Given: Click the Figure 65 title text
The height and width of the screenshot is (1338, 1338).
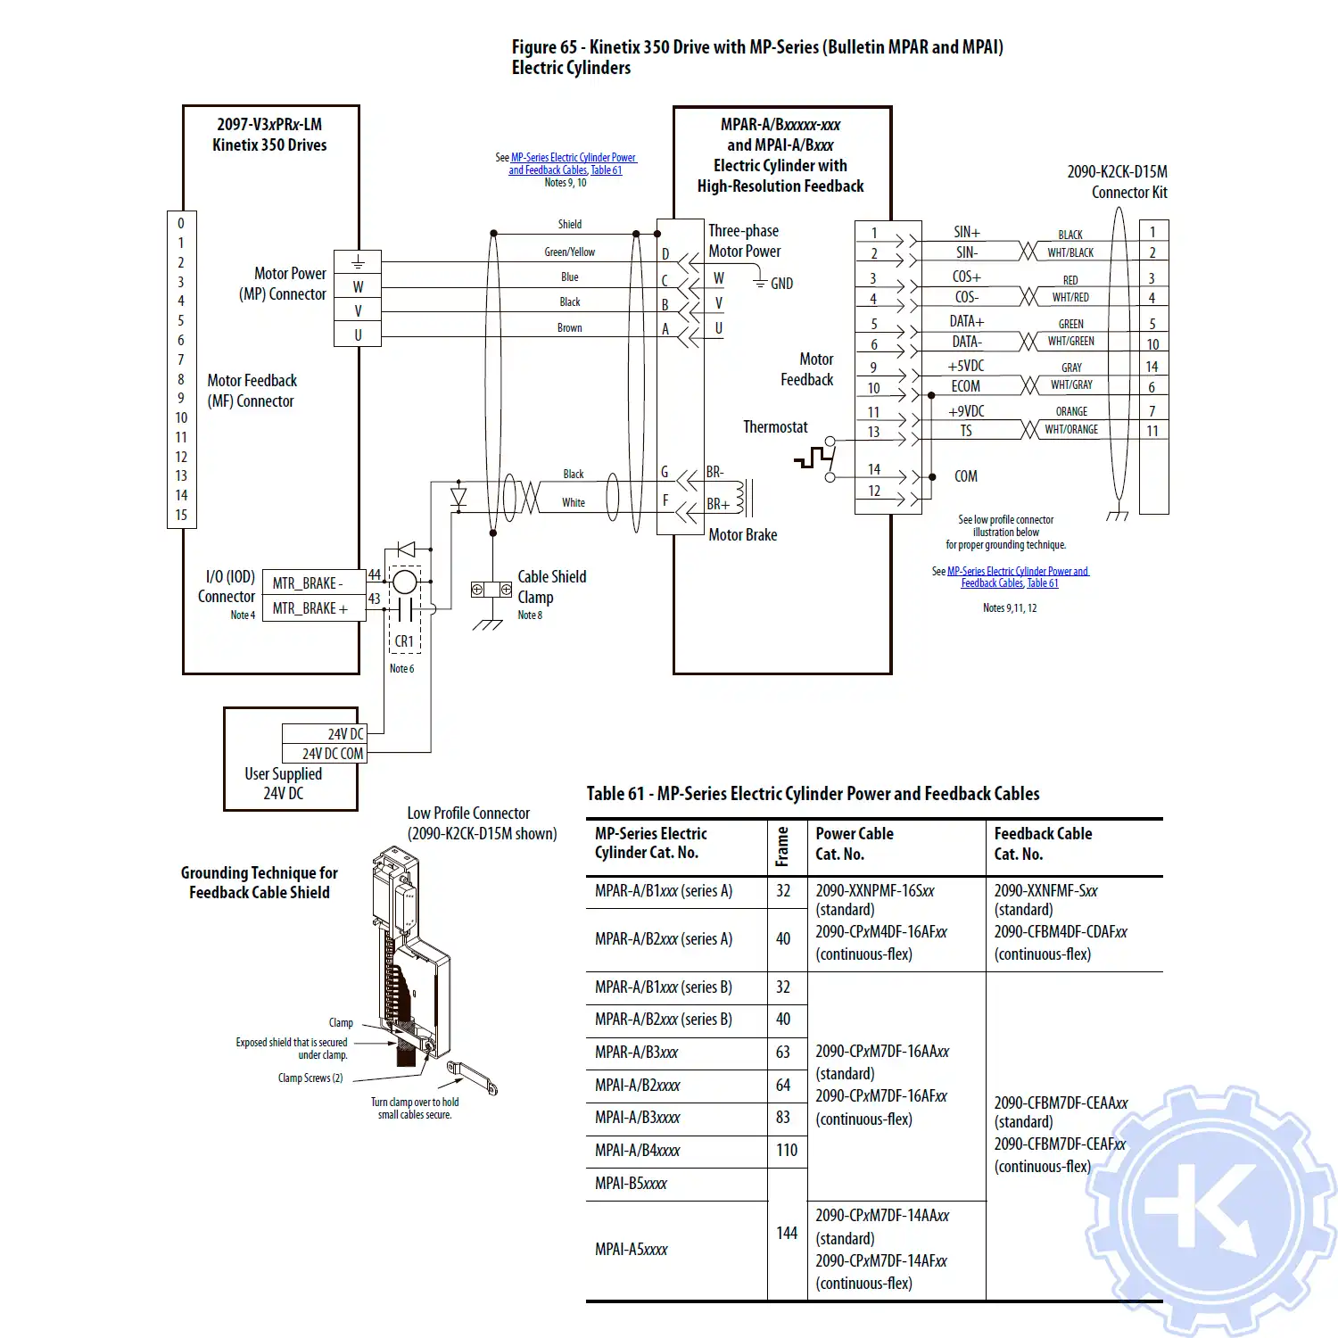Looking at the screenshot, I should (x=756, y=57).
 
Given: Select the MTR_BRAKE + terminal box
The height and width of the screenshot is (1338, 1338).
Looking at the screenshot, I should (x=310, y=608).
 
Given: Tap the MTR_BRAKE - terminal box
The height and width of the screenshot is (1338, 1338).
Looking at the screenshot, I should (x=308, y=583).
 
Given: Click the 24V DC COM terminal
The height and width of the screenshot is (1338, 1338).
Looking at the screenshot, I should (x=331, y=754).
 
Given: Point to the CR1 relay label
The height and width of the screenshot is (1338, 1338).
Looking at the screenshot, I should (x=404, y=641).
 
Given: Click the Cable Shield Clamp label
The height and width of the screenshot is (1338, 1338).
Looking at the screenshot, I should (x=551, y=587).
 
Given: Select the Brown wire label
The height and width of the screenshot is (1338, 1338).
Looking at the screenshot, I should (x=569, y=328).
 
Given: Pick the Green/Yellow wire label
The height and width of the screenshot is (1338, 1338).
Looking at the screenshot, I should (x=569, y=252).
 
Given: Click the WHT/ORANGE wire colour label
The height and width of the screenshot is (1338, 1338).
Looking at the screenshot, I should (x=1071, y=429).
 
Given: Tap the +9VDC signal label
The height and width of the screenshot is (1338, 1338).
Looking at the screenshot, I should (x=966, y=411).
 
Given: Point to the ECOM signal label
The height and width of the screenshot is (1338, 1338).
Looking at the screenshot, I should (x=965, y=386).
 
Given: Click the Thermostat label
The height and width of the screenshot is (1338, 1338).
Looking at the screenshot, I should (x=775, y=427).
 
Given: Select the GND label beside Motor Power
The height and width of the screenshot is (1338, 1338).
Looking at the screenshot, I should (x=781, y=284).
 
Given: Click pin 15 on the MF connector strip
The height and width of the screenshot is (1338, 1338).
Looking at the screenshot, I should (x=181, y=515).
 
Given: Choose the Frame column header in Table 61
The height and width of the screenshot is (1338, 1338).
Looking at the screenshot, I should (x=782, y=847).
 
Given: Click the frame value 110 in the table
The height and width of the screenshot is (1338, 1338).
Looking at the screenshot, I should (x=786, y=1151).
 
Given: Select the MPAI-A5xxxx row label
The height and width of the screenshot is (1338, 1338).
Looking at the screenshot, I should (x=631, y=1250).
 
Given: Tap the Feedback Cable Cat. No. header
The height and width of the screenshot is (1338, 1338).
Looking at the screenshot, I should (x=1043, y=844).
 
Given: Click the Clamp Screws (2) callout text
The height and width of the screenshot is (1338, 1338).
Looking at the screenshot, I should (x=310, y=1078).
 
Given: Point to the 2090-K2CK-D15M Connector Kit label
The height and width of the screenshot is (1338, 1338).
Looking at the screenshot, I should (x=1117, y=182).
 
